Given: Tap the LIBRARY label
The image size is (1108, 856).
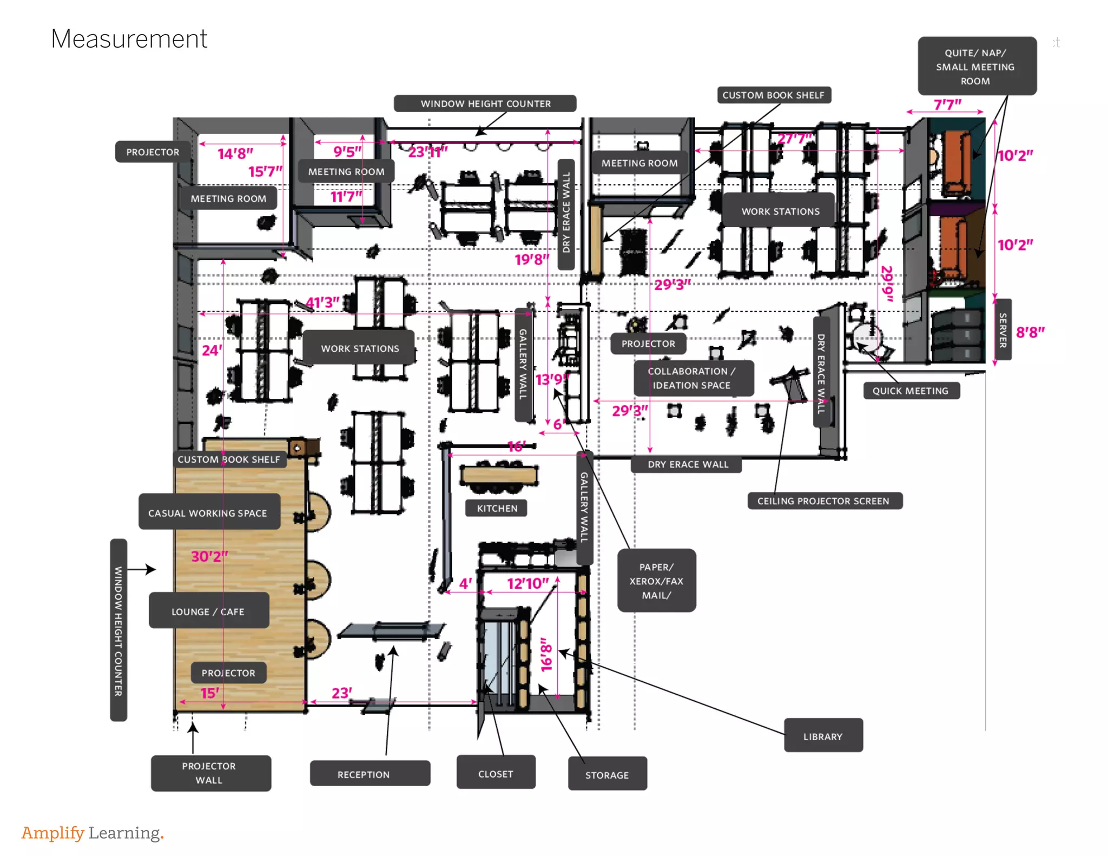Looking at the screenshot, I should click(x=823, y=736).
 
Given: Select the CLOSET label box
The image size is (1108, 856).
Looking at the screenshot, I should click(x=496, y=773).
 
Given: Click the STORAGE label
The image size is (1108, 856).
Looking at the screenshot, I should click(x=607, y=774).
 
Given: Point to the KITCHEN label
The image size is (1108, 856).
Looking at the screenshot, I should click(x=497, y=508).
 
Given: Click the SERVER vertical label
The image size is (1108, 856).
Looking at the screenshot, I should click(x=1003, y=330).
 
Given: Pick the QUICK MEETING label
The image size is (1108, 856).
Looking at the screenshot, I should click(x=911, y=390).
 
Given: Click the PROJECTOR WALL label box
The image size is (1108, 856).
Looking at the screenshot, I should click(x=210, y=773).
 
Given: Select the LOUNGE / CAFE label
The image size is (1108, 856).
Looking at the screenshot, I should click(x=208, y=611).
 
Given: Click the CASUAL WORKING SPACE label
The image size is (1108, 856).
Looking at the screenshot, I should click(x=208, y=512).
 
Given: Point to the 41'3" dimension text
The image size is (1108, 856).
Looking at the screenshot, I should click(x=322, y=302).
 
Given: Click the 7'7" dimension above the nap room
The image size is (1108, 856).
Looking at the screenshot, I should click(x=947, y=104).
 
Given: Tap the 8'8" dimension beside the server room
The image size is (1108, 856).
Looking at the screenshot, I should click(x=1030, y=332).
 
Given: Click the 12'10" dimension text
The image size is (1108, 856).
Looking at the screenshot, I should click(x=527, y=583).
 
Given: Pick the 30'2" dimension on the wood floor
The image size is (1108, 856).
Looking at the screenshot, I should click(x=209, y=556).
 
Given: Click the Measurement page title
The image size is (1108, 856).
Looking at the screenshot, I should click(x=129, y=39).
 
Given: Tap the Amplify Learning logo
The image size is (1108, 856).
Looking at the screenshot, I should click(x=93, y=832).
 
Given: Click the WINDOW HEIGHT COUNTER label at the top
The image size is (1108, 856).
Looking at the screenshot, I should click(x=485, y=103).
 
